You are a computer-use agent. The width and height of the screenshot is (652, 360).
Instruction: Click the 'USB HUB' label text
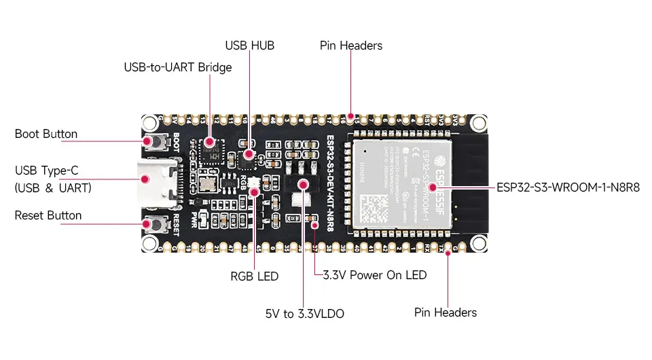(249, 46)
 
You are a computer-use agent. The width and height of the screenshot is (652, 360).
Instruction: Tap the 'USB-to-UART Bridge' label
(177, 67)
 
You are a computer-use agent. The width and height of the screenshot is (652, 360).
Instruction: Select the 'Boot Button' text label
(46, 134)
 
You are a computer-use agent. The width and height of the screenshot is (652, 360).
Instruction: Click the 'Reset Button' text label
(48, 215)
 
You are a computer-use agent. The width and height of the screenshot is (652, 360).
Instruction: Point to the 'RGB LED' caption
(255, 276)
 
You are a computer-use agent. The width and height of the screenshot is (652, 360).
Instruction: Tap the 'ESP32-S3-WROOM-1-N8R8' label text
(568, 186)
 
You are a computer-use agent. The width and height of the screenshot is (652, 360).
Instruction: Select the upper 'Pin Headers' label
(351, 46)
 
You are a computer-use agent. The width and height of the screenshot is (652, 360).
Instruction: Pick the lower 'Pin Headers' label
(446, 312)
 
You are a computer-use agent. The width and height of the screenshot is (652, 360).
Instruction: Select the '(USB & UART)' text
(53, 187)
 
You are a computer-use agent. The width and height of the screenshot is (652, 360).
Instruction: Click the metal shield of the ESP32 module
(401, 183)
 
